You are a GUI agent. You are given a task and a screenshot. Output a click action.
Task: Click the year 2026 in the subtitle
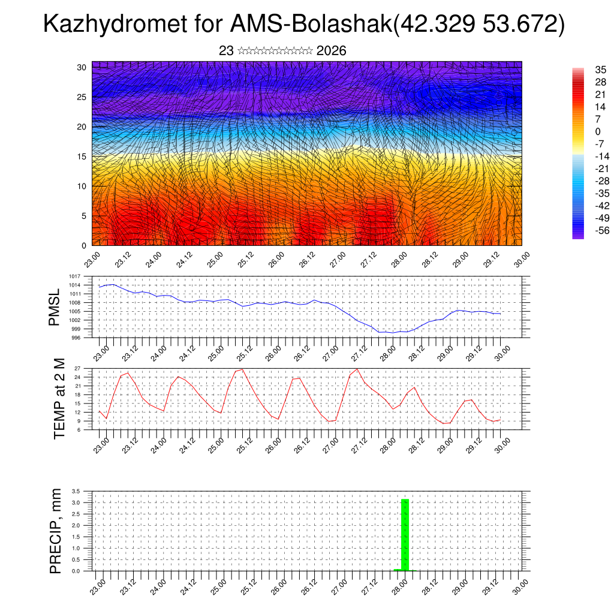331,51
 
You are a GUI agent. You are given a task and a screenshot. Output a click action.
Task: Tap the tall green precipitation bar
405,534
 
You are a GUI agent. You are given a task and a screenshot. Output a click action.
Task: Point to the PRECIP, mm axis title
56,531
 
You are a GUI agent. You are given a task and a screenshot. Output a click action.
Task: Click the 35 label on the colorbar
584,70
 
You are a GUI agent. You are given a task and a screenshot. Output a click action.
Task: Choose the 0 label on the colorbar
580,131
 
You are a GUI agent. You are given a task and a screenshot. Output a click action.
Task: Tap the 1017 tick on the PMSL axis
75,276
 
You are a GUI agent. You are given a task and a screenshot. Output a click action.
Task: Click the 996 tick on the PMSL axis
76,338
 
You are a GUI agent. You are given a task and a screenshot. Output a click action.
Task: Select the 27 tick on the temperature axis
77,368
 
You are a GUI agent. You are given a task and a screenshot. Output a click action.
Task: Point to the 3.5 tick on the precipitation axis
76,491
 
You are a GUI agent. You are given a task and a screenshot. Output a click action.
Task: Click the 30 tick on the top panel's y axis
82,67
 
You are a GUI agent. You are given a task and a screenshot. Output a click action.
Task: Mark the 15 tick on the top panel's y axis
82,156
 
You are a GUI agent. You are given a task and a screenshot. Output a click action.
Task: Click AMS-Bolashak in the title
309,25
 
